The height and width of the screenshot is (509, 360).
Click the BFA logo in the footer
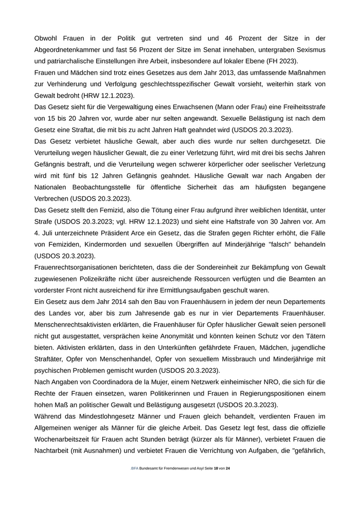click(134, 468)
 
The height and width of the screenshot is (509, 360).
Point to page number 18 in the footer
click(216, 468)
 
